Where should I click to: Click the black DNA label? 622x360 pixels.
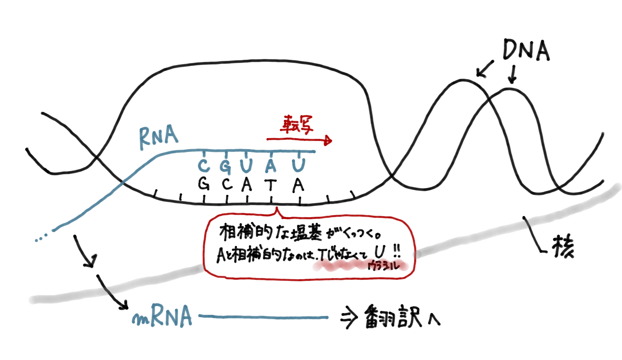tap(526, 50)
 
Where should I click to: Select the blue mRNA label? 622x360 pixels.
tap(162, 316)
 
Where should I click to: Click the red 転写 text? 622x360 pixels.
tap(296, 124)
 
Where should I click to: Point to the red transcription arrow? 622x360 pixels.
tap(299, 140)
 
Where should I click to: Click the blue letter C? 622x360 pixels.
tap(204, 166)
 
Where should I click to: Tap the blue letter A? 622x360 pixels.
tap(271, 166)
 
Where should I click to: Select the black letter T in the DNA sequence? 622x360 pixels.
tap(271, 185)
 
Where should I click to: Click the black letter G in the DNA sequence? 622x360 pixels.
tap(204, 184)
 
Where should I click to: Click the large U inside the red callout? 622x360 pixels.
tap(380, 252)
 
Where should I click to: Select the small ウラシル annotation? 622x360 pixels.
tap(384, 266)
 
